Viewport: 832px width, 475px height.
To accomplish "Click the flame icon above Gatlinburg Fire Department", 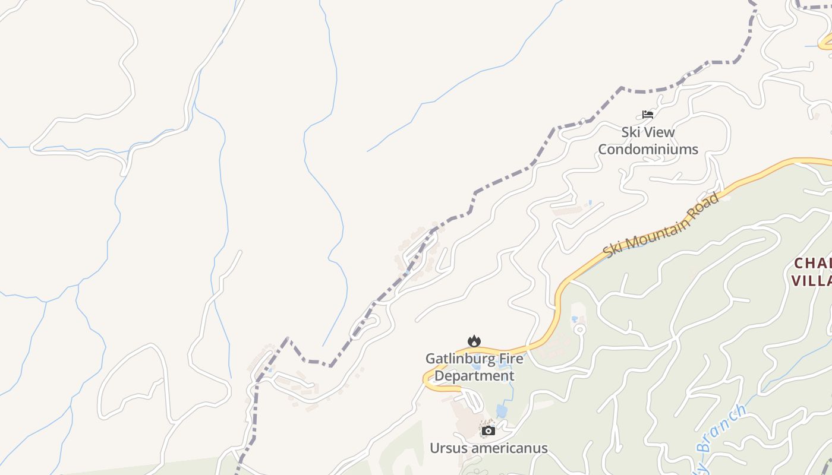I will click(474, 341).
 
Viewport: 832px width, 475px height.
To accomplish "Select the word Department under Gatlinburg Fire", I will click(474, 376).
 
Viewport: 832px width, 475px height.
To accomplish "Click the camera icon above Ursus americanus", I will click(489, 431).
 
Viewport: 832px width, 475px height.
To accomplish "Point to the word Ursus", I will click(447, 448).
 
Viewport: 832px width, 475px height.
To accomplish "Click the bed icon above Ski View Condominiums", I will click(648, 115).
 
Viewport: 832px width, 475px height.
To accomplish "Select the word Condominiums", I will click(648, 149).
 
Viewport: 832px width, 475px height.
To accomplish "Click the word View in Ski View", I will click(660, 132).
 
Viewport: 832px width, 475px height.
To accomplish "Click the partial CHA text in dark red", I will click(813, 263).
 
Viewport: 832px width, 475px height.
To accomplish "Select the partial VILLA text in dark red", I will click(811, 280).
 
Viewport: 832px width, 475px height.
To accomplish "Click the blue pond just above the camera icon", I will click(502, 411).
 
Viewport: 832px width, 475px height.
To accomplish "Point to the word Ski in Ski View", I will click(631, 132).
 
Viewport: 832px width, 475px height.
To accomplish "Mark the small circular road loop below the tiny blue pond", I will click(580, 329).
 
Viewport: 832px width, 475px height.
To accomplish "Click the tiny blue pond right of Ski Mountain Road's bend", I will click(575, 319).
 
